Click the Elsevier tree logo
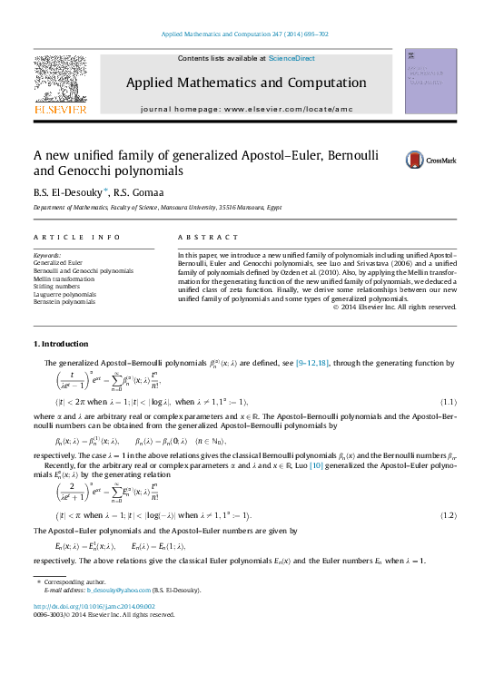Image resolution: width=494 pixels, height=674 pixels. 60,83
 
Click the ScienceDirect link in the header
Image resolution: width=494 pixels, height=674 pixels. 293,58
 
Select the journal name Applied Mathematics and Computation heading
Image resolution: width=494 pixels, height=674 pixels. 245,83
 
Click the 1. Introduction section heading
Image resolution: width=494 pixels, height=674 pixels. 61,344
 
